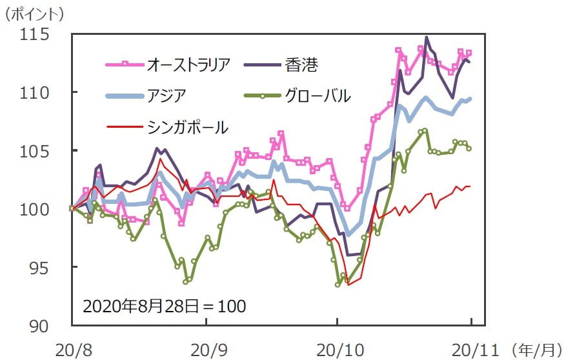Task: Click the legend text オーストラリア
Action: tap(189, 64)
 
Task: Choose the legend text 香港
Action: tap(301, 64)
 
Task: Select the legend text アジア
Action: tap(167, 95)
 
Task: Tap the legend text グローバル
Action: tap(317, 95)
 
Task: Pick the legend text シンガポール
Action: tap(188, 127)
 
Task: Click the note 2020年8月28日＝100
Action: tap(164, 305)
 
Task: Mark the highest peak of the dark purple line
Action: tap(427, 37)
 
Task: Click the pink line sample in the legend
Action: tap(125, 64)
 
